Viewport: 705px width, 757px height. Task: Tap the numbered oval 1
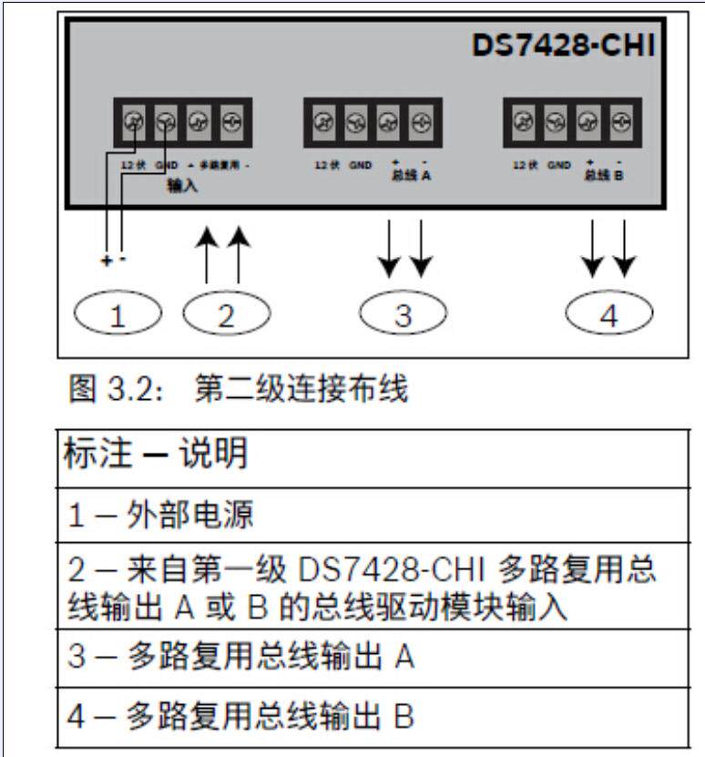pyautogui.click(x=116, y=315)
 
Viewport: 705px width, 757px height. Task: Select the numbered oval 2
pyautogui.click(x=226, y=315)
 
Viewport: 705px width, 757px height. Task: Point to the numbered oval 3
pyautogui.click(x=403, y=315)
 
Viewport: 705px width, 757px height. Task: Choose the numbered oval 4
pyautogui.click(x=609, y=315)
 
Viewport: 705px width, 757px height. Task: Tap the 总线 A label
pyautogui.click(x=412, y=175)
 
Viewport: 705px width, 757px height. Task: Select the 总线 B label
pyautogui.click(x=605, y=174)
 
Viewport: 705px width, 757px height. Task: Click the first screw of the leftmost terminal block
pyautogui.click(x=132, y=120)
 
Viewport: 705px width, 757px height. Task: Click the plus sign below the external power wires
pyautogui.click(x=107, y=260)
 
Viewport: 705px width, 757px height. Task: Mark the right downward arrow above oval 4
pyautogui.click(x=625, y=248)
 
